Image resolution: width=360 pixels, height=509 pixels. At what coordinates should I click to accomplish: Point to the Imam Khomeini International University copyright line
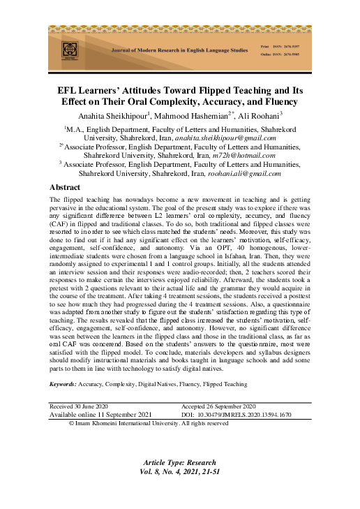coord(149,423)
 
